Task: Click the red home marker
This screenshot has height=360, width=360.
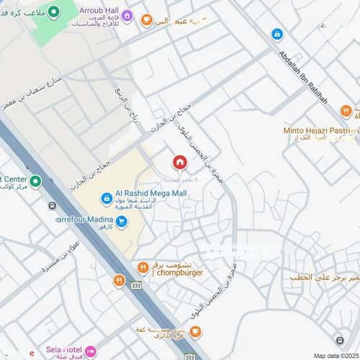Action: (179, 162)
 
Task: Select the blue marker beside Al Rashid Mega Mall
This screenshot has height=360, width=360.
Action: (106, 197)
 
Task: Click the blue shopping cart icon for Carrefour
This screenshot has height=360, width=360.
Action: (122, 222)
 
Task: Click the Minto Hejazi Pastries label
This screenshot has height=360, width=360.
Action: (320, 132)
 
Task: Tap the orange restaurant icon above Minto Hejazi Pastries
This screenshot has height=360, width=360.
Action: (346, 111)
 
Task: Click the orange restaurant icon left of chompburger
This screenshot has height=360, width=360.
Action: (143, 269)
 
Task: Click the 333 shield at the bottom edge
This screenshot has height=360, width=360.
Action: (189, 356)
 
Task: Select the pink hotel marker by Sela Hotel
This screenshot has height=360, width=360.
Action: (90, 351)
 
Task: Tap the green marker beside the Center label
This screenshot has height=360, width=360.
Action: (36, 180)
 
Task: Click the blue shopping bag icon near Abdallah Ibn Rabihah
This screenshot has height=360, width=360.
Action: (276, 34)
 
